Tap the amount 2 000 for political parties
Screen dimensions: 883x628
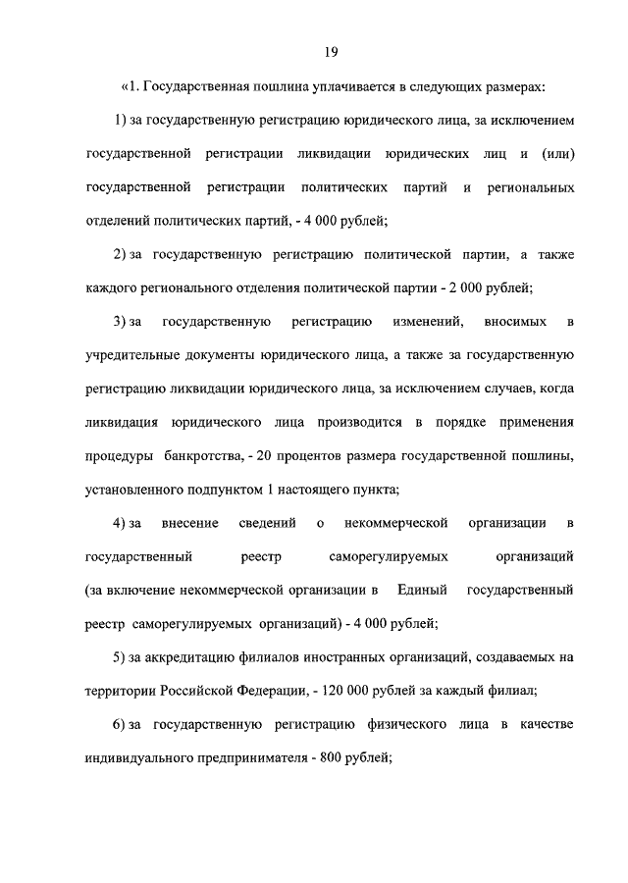[464, 287]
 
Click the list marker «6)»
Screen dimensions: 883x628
[121, 723]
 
